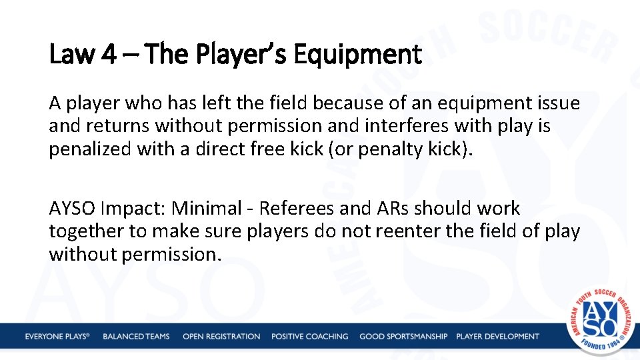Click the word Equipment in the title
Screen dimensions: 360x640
pyautogui.click(x=357, y=55)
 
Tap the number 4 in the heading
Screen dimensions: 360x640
pyautogui.click(x=108, y=54)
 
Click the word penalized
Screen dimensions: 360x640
pyautogui.click(x=90, y=149)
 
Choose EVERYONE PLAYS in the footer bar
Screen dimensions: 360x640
pyautogui.click(x=57, y=337)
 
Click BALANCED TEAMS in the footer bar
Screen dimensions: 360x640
pyautogui.click(x=136, y=337)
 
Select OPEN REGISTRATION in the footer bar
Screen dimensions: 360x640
pyautogui.click(x=221, y=337)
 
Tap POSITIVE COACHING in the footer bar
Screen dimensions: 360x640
pyautogui.click(x=309, y=337)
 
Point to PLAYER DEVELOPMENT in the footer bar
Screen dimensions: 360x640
pyautogui.click(x=497, y=337)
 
